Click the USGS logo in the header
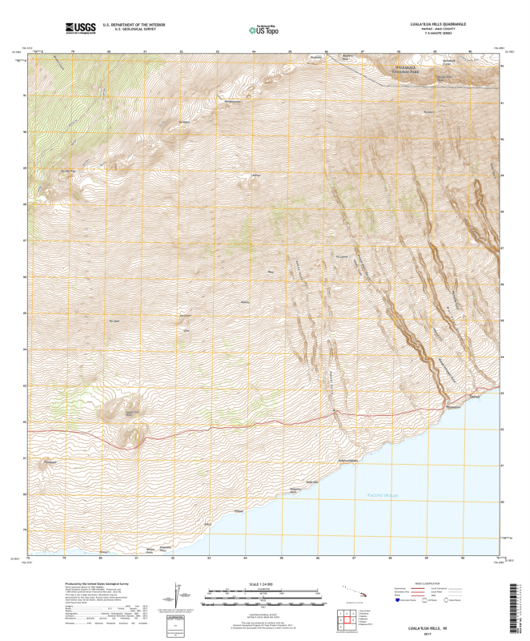pos(79,28)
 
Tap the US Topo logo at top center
pos(264,30)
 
